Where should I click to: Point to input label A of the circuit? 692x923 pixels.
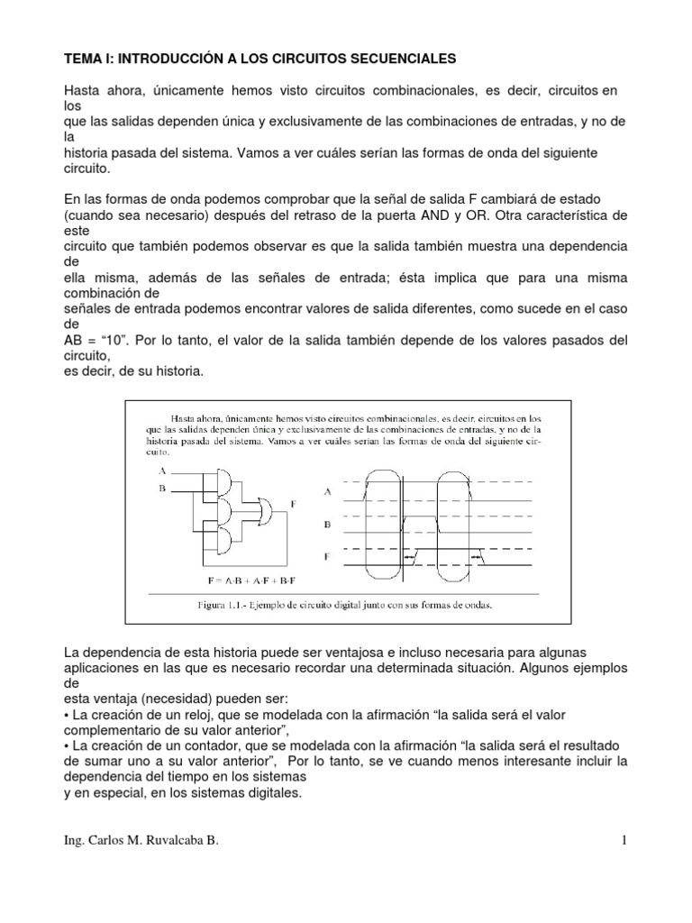pyautogui.click(x=162, y=471)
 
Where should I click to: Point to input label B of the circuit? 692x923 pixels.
pyautogui.click(x=162, y=488)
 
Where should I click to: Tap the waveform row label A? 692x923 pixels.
pyautogui.click(x=327, y=491)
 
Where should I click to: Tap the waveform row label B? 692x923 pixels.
pyautogui.click(x=327, y=524)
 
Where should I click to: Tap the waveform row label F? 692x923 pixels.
pyautogui.click(x=327, y=557)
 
